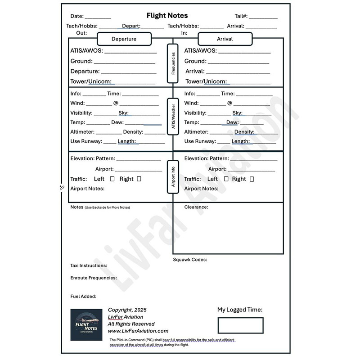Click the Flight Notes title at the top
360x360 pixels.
click(x=167, y=16)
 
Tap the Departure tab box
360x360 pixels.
click(x=124, y=39)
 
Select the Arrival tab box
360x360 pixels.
click(x=225, y=39)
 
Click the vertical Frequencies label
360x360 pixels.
click(x=173, y=63)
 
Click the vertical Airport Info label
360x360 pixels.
click(x=173, y=175)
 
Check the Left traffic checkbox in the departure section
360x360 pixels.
click(x=112, y=179)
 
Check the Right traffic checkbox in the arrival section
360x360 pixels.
click(x=252, y=179)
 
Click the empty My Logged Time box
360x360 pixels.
click(x=240, y=325)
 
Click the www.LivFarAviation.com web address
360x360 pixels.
click(x=138, y=331)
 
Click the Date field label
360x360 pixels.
click(x=77, y=16)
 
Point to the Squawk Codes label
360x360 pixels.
click(x=190, y=260)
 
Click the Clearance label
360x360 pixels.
click(x=196, y=207)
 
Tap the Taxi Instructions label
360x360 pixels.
click(x=89, y=265)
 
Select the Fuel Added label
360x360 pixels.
click(x=83, y=297)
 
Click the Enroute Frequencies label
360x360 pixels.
click(x=94, y=278)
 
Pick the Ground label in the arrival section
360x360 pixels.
click(x=195, y=61)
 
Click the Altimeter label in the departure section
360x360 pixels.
click(x=82, y=132)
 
